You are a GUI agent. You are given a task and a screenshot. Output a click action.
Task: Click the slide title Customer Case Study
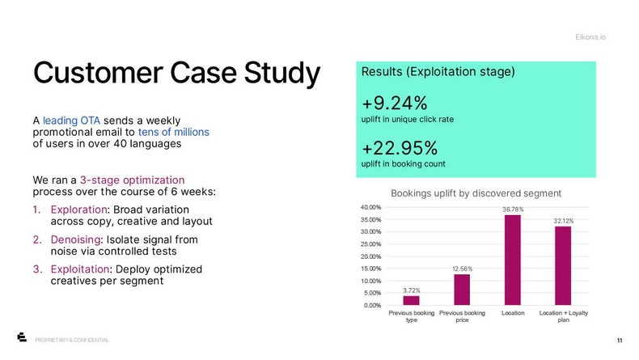[x=176, y=73]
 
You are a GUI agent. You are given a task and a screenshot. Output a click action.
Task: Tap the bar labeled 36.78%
[x=512, y=260]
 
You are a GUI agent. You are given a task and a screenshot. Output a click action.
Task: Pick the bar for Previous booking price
[x=462, y=290]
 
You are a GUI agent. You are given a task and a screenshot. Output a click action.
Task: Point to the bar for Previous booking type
[x=411, y=300]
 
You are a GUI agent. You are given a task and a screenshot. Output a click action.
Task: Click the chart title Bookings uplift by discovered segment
[x=476, y=193]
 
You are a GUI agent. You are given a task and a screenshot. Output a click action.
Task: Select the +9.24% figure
[x=395, y=104]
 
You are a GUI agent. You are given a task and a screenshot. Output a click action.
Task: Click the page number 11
[x=619, y=340]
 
